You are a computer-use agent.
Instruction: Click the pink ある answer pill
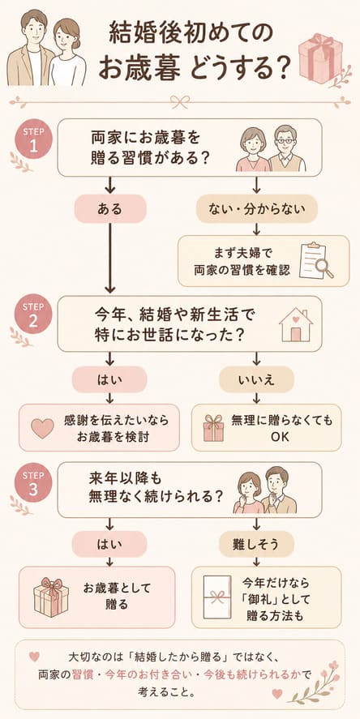coord(110,209)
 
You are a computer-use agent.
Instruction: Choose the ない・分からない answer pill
coord(257,209)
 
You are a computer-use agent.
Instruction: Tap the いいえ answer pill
coord(256,379)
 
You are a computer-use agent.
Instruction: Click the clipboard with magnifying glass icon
coord(315,260)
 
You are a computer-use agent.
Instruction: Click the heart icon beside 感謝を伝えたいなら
coord(42,427)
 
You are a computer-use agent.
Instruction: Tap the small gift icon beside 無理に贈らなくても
coord(213,427)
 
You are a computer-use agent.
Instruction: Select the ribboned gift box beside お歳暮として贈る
coord(51,597)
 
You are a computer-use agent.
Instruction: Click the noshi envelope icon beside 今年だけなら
coord(219,597)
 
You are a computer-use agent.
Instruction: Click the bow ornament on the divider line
coord(180,101)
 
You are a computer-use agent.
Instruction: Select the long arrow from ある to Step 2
coord(110,257)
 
